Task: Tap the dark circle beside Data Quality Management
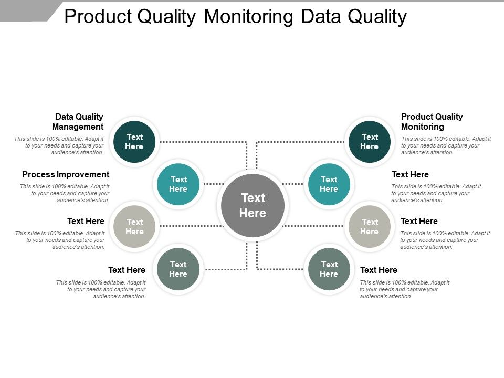click(134, 142)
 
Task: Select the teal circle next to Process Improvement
click(178, 184)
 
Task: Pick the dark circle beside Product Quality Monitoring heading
click(370, 142)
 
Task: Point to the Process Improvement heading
click(66, 174)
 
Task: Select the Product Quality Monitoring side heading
click(432, 122)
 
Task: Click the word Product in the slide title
click(97, 17)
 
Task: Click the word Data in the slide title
click(320, 17)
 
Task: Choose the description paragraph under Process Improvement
click(65, 193)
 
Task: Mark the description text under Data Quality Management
click(59, 145)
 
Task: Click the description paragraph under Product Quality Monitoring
click(446, 145)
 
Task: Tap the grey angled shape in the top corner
click(29, 9)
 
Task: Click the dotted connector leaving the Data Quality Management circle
click(202, 142)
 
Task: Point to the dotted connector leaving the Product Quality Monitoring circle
click(302, 142)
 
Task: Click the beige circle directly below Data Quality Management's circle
click(134, 226)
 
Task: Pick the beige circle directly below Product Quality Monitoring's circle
click(370, 226)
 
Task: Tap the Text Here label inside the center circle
click(253, 205)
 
